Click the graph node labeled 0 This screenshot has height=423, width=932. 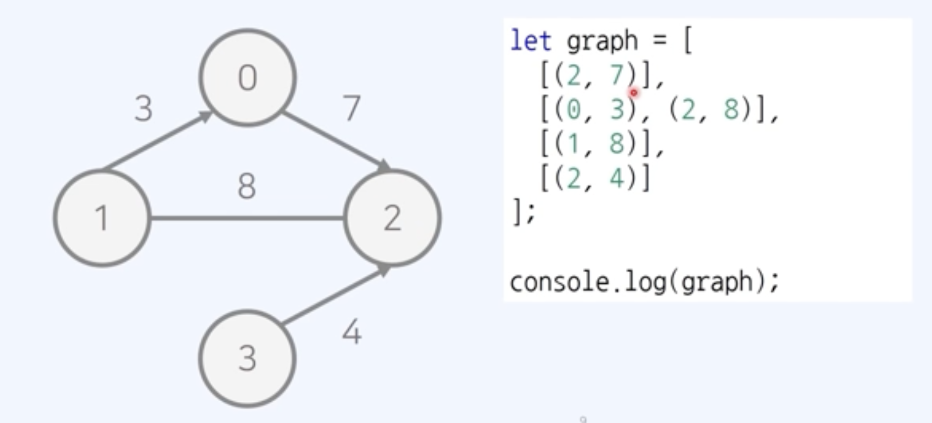pyautogui.click(x=247, y=77)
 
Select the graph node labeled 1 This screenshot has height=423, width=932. pyautogui.click(x=102, y=218)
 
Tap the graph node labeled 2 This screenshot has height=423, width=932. pyautogui.click(x=392, y=218)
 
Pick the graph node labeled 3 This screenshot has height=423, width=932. pyautogui.click(x=247, y=359)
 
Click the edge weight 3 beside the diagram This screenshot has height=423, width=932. pyautogui.click(x=144, y=109)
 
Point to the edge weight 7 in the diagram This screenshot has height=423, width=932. pyautogui.click(x=352, y=108)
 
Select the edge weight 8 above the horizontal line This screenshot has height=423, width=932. pyautogui.click(x=247, y=186)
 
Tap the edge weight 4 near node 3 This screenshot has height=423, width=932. pyautogui.click(x=352, y=333)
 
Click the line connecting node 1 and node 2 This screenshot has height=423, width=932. pyautogui.click(x=247, y=218)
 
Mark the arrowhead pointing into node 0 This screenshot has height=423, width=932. pyautogui.click(x=207, y=116)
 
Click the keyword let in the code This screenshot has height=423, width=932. pyautogui.click(x=530, y=40)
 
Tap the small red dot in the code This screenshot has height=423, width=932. pyautogui.click(x=633, y=93)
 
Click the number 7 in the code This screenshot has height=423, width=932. pyautogui.click(x=617, y=76)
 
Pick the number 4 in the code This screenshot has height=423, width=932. pyautogui.click(x=617, y=179)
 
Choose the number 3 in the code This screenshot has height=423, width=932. pyautogui.click(x=617, y=110)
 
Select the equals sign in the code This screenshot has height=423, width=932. pyautogui.click(x=660, y=40)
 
